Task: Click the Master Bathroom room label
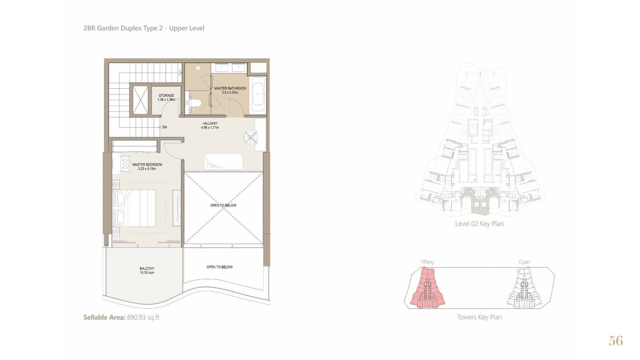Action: (x=230, y=88)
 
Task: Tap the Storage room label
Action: (x=166, y=96)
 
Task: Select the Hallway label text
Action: (x=210, y=124)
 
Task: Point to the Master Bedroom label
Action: (x=147, y=164)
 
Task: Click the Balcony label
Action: (x=147, y=268)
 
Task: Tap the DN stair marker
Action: (x=164, y=128)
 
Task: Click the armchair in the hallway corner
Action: (x=250, y=138)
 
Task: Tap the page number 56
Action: (x=616, y=341)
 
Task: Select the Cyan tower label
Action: (x=524, y=262)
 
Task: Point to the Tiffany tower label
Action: (x=427, y=262)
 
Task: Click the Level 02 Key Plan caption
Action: (x=479, y=224)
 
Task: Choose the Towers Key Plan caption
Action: (x=480, y=317)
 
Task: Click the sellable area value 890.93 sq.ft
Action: (x=143, y=318)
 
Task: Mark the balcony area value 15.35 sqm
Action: (x=147, y=273)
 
